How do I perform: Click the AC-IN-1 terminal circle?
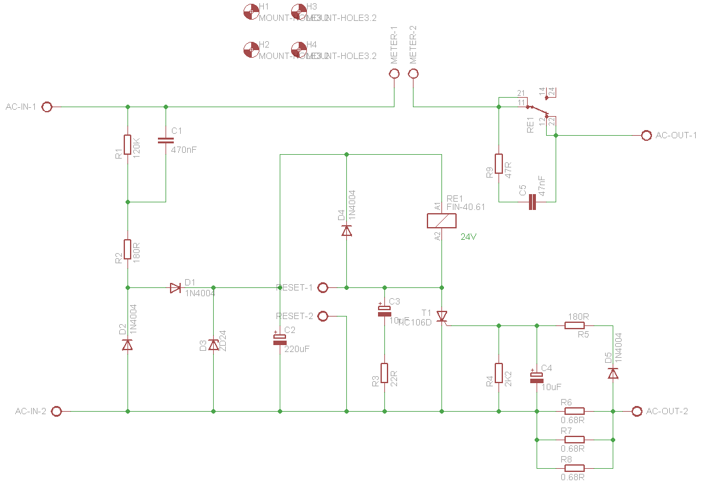[x=46, y=107]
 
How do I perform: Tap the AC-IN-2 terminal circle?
[x=56, y=411]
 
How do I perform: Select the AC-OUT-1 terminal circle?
[x=646, y=136]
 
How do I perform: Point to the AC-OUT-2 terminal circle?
[x=637, y=411]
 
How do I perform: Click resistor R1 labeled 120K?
[x=127, y=145]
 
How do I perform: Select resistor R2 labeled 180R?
[x=127, y=249]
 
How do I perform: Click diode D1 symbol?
[x=176, y=288]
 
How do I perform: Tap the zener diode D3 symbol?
[x=214, y=344]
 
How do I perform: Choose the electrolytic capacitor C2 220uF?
[x=280, y=339]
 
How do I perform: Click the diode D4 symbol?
[x=346, y=230]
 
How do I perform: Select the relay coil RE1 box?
[x=441, y=221]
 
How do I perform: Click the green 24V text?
[x=468, y=237]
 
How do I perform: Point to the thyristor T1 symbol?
[x=442, y=316]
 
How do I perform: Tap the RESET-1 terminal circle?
[x=322, y=287]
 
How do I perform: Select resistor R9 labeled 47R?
[x=499, y=164]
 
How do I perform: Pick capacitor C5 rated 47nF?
[x=532, y=202]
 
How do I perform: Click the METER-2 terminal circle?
[x=414, y=74]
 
